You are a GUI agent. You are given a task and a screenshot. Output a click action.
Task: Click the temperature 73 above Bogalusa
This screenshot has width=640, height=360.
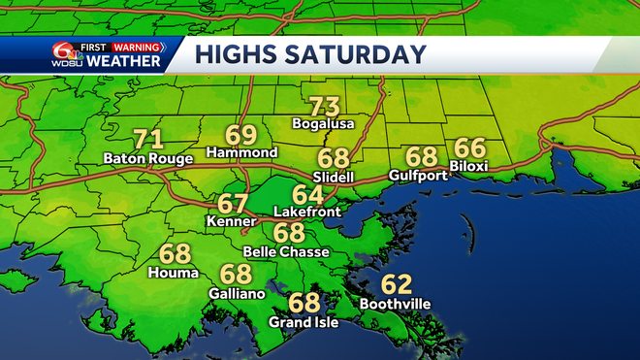click(x=324, y=106)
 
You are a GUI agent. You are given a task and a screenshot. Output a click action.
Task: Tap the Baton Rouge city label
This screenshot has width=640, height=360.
click(x=147, y=158)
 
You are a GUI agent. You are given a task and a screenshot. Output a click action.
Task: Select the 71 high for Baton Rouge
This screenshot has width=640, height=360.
click(x=147, y=139)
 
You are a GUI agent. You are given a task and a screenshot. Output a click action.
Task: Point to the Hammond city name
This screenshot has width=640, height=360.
click(x=243, y=153)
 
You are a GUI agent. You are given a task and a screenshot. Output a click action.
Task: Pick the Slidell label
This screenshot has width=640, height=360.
click(x=334, y=176)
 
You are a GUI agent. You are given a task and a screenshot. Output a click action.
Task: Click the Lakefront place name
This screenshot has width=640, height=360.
click(x=307, y=211)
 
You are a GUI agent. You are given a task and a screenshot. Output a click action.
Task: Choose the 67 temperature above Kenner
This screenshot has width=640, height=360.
click(x=233, y=204)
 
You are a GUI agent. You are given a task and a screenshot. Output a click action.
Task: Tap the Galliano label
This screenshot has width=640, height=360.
click(x=236, y=292)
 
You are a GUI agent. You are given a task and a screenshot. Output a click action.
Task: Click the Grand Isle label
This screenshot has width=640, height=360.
click(x=304, y=322)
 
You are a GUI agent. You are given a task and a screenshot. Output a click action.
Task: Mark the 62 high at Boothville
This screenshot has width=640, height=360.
click(x=396, y=284)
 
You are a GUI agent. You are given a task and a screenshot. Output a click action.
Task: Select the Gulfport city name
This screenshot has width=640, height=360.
click(x=417, y=176)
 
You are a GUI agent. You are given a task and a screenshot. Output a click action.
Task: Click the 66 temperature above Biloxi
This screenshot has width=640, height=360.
click(x=469, y=147)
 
